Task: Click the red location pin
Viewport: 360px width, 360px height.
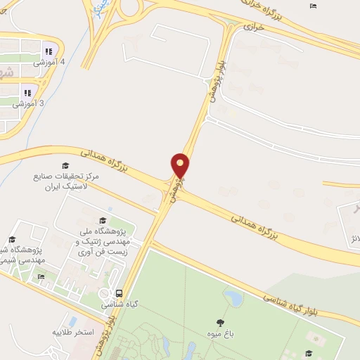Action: (181, 166)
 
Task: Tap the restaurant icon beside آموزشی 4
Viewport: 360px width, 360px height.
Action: (49, 51)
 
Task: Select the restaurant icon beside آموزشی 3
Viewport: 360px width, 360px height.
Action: (27, 92)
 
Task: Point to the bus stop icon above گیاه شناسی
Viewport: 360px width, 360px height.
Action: (119, 293)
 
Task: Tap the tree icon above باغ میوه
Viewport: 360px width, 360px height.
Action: (220, 323)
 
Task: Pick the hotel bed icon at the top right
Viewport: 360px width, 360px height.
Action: (313, 6)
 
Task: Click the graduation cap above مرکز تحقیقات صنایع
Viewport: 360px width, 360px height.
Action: (66, 166)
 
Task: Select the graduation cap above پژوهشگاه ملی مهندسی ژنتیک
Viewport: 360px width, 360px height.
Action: (103, 220)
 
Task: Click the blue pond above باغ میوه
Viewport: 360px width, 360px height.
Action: (234, 298)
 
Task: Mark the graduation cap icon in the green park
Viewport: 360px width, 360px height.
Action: (307, 353)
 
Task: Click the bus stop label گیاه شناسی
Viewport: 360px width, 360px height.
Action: (120, 305)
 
